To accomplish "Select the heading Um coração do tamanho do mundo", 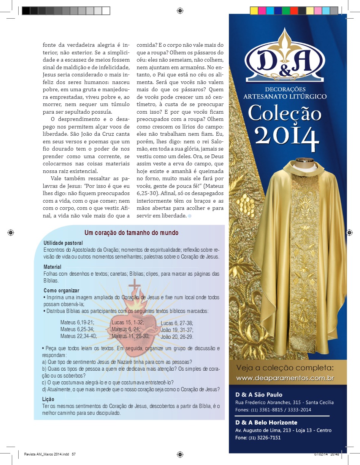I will click(x=132, y=233).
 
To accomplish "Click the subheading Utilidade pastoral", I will click(x=63, y=243).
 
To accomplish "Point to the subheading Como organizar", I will click(x=62, y=291).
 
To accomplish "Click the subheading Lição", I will click(x=48, y=399).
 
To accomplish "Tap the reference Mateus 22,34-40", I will click(x=78, y=336).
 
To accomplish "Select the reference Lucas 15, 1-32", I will click(x=127, y=323).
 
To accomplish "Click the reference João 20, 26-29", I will click(x=177, y=337).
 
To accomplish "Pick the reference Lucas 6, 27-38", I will click(x=177, y=323).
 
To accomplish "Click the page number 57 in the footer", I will click(x=74, y=454).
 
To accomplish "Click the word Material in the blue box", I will click(x=52, y=267).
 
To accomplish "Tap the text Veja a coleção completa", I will click(x=285, y=368).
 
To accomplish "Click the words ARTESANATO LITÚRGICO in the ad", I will click(x=285, y=97).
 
